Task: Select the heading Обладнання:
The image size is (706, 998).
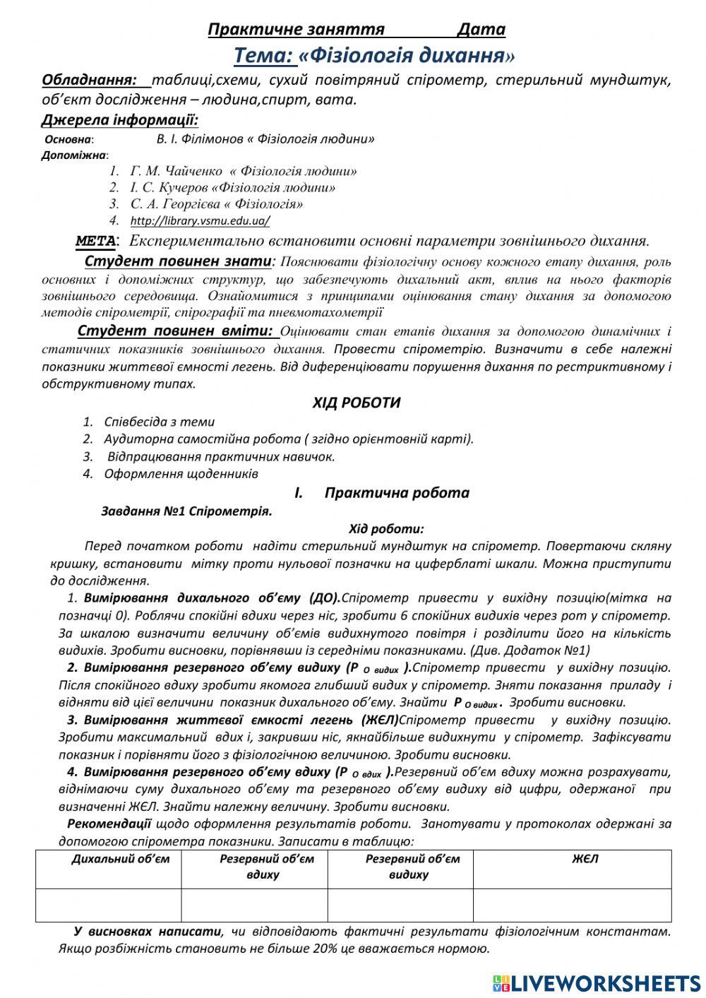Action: pos(89,80)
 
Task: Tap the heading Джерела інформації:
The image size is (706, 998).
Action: pos(120,119)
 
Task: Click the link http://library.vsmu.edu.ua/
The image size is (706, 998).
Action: pos(200,221)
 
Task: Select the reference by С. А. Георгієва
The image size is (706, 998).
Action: pos(217,204)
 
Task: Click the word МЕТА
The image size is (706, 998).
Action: pos(95,241)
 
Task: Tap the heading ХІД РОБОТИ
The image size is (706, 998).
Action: pos(357,403)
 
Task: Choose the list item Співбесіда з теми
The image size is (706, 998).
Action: pos(159,422)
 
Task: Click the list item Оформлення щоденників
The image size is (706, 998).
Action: pos(181,473)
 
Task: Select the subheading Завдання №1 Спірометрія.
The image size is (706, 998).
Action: pos(186,511)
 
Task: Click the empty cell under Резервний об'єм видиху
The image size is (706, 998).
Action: pos(400,905)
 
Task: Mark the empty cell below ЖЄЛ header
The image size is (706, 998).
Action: pos(572,905)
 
